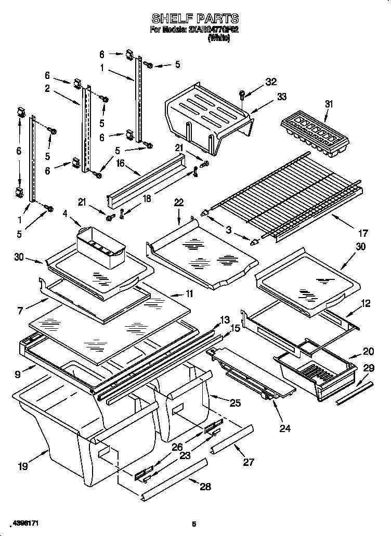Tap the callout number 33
click(267, 97)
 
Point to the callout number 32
click(271, 82)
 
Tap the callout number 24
click(285, 428)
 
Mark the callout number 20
click(369, 352)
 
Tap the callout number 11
click(189, 293)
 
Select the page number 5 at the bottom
click(193, 524)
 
